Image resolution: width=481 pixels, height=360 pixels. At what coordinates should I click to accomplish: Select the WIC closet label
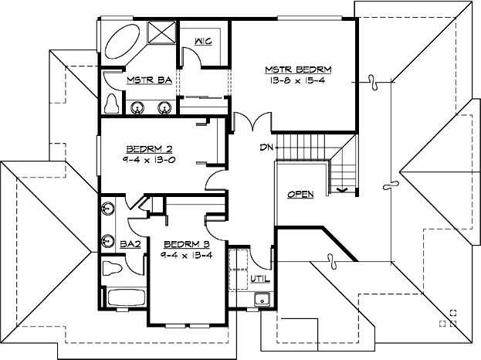(204, 41)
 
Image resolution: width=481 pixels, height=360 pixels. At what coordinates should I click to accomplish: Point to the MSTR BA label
(143, 80)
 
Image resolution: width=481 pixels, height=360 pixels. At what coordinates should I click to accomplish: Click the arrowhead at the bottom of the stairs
(342, 188)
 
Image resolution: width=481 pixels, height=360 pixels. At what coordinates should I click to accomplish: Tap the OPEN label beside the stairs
(300, 194)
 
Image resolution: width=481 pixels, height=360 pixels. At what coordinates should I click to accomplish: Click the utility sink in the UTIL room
(263, 300)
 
